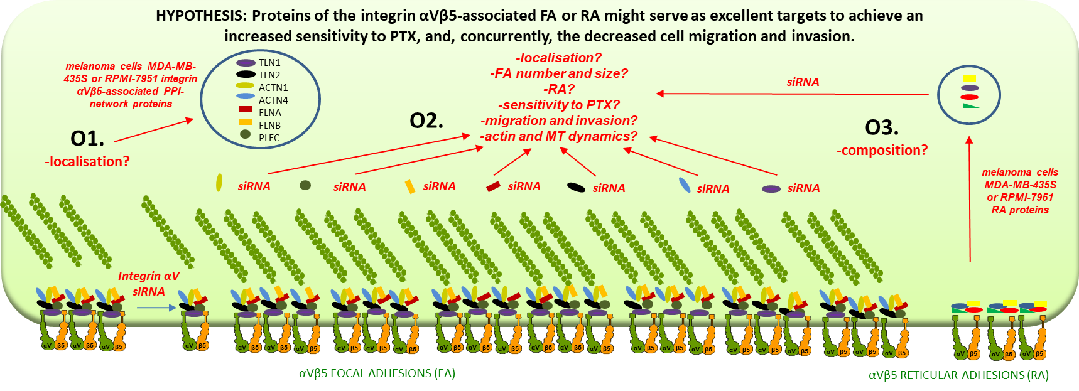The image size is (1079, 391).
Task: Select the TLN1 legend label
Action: (x=269, y=63)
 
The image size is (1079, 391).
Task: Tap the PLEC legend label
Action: (x=269, y=138)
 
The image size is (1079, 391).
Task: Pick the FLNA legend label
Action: (x=270, y=113)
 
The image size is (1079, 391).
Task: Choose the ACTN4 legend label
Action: (x=273, y=100)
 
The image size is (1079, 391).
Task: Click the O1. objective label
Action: (x=87, y=137)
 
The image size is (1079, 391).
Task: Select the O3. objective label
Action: (x=882, y=127)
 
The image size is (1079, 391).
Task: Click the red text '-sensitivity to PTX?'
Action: (x=559, y=105)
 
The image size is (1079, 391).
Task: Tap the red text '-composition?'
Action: (x=882, y=151)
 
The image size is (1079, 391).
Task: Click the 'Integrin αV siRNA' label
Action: (x=149, y=284)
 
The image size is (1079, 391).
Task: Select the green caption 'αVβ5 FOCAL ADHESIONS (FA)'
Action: (x=377, y=373)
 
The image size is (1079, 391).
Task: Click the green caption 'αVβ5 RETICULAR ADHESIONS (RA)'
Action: (x=958, y=375)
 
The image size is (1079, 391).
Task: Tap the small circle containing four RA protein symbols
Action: (x=968, y=95)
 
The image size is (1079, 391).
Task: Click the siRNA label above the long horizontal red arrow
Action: (x=803, y=82)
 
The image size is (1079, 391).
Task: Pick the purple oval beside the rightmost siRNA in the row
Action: (x=771, y=188)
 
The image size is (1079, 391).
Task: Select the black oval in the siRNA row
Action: (x=576, y=187)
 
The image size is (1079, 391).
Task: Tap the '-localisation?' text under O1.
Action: (x=87, y=162)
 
